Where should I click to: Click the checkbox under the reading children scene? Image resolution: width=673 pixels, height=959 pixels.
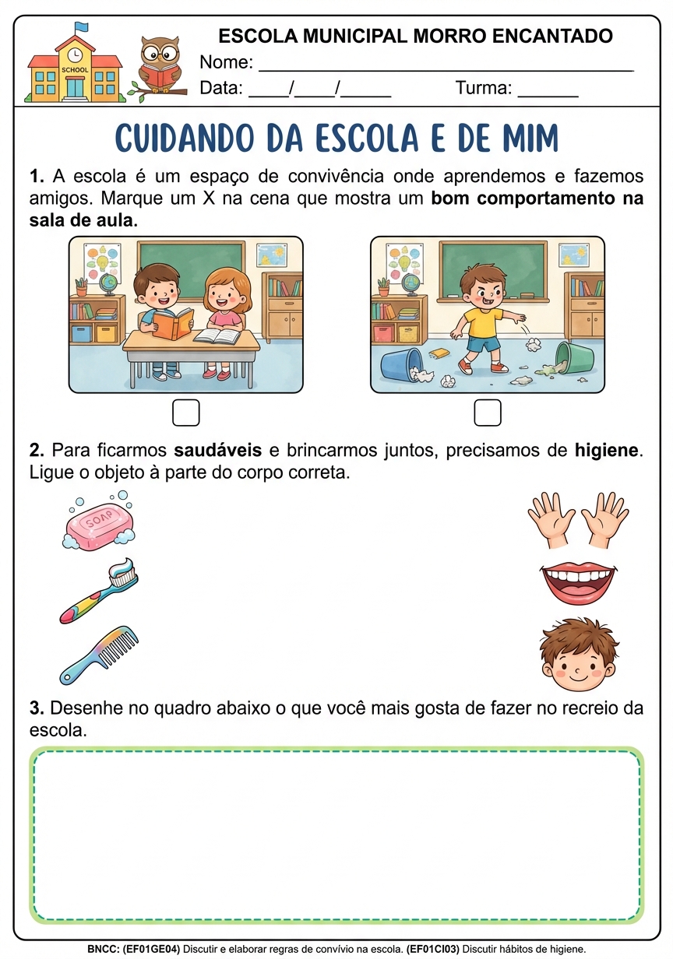click(186, 413)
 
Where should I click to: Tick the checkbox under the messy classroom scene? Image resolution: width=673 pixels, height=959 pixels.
click(488, 413)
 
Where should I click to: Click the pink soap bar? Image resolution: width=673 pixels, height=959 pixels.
click(99, 521)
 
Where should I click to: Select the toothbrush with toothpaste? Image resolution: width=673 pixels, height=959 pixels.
click(99, 590)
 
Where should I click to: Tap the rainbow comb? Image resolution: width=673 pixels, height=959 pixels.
click(99, 655)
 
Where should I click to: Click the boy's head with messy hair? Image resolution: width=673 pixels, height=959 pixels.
click(578, 654)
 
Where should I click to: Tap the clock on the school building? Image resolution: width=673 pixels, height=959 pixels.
click(75, 54)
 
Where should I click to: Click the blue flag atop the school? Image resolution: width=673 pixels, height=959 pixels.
click(81, 27)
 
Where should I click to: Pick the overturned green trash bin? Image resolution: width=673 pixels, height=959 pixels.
click(574, 357)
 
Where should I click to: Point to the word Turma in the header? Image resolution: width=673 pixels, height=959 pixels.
click(483, 88)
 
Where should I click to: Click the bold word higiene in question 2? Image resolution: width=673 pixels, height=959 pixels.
click(606, 450)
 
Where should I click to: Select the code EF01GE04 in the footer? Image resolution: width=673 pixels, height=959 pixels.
click(151, 949)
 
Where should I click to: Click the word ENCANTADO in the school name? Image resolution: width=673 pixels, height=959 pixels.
click(552, 36)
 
